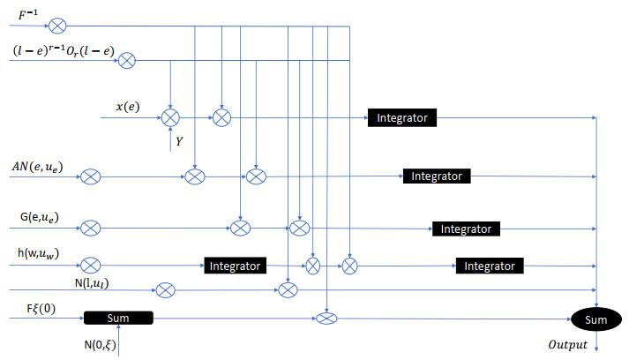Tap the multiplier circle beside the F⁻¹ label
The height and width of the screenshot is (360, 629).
57,25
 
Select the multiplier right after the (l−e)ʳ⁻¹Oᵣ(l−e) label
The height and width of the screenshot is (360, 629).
127,60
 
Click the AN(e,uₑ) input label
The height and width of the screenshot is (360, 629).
37,166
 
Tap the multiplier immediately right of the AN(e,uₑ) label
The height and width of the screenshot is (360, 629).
90,177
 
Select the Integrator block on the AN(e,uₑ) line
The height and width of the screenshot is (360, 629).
437,176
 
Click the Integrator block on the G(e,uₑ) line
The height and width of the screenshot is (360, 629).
467,229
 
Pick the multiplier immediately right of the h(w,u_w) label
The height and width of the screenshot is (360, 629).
90,265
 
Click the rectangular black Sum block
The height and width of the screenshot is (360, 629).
118,317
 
